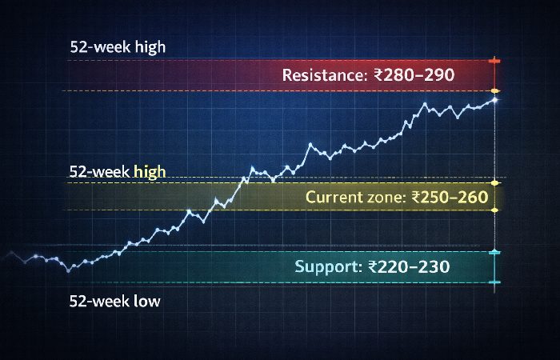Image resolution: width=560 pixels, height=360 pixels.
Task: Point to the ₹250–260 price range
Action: pyautogui.click(x=450, y=197)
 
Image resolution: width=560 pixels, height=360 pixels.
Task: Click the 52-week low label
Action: pyautogui.click(x=114, y=302)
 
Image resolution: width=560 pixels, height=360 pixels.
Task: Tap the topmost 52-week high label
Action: pyautogui.click(x=118, y=46)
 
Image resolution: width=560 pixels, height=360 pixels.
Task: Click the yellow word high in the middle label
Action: pyautogui.click(x=150, y=172)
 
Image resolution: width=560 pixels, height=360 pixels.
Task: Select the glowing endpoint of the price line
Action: pyautogui.click(x=495, y=100)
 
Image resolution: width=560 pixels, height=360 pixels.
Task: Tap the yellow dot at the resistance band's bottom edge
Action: pyautogui.click(x=495, y=90)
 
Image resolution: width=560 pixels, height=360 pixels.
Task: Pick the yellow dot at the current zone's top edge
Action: pyautogui.click(x=495, y=178)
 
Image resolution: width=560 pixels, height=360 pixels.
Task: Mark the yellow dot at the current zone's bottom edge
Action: pyautogui.click(x=495, y=210)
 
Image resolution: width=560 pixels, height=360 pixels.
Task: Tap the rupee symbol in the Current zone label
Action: pyautogui.click(x=414, y=197)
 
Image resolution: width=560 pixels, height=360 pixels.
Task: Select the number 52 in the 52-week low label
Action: pyautogui.click(x=79, y=302)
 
